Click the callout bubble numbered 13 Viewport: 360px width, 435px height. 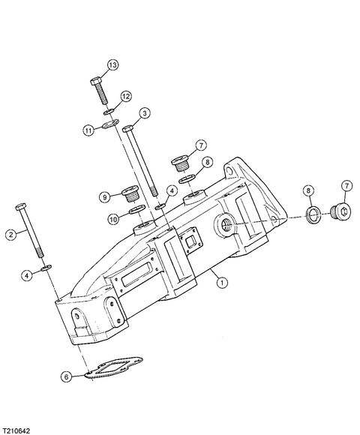[x=112, y=65]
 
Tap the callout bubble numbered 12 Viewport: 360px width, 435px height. [x=126, y=97]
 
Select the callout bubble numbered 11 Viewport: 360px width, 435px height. [x=88, y=130]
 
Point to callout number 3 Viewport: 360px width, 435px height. [x=145, y=113]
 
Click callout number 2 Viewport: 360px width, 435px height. [x=11, y=235]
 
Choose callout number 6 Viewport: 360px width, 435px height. [x=67, y=376]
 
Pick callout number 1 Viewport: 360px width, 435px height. [x=221, y=283]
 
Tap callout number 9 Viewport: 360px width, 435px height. [x=105, y=197]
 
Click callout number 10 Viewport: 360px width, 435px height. [x=113, y=220]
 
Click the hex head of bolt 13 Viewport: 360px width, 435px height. [x=96, y=81]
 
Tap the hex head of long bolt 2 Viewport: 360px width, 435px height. [x=21, y=207]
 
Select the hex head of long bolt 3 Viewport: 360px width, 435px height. [x=127, y=129]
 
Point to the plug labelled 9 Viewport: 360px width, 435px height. [x=130, y=193]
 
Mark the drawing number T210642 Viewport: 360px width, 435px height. [x=15, y=430]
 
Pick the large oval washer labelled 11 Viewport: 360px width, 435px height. [x=110, y=124]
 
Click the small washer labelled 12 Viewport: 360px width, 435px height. [x=108, y=112]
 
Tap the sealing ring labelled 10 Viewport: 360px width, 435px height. [x=137, y=209]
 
